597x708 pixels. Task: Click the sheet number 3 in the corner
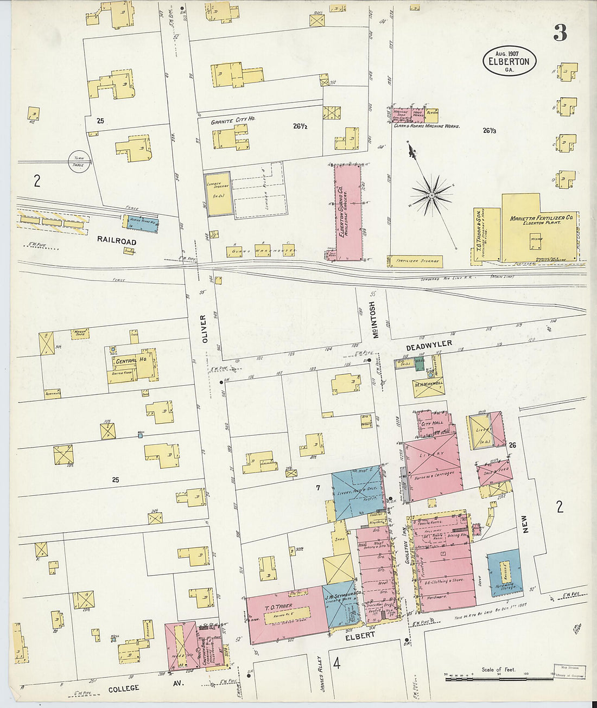click(560, 33)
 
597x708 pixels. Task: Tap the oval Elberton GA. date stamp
click(509, 60)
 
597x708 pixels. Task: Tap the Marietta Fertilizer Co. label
click(541, 219)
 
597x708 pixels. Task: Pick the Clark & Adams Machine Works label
click(427, 126)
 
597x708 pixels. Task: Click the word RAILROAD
click(117, 240)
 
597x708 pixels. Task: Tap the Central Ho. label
click(125, 361)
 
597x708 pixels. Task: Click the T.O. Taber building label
click(278, 606)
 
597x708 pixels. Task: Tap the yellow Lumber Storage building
click(218, 193)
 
